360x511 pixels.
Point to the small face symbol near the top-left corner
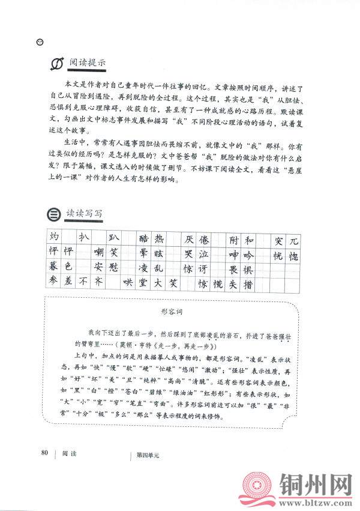coord(40,41)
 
